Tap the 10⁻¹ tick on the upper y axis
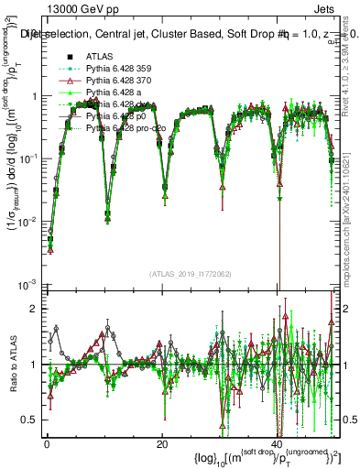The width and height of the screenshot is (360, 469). pyautogui.click(x=29, y=158)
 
